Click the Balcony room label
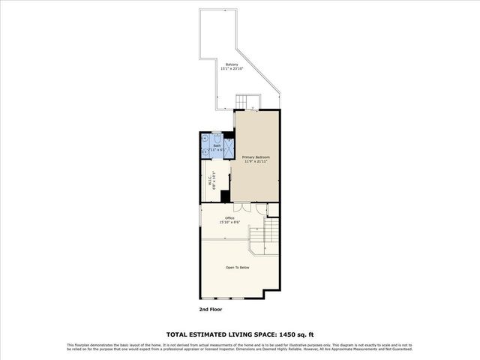tap(232, 64)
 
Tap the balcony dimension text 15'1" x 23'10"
tap(232, 69)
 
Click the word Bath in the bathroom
tap(217, 146)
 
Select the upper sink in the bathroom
tap(205, 139)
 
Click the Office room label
tap(229, 218)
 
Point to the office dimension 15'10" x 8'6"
tap(229, 223)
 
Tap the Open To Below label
tap(237, 267)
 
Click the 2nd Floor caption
tap(211, 309)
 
